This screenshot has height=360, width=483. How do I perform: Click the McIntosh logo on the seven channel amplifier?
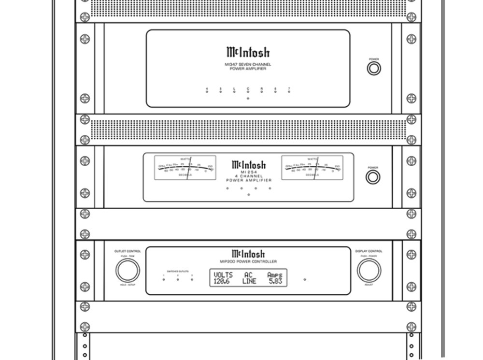(x=248, y=52)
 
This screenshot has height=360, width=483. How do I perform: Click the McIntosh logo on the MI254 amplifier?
(x=248, y=165)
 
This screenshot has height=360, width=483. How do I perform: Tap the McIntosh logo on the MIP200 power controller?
(x=248, y=254)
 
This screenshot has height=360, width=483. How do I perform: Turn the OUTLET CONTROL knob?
(x=128, y=271)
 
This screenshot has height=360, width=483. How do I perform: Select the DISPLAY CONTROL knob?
(x=369, y=271)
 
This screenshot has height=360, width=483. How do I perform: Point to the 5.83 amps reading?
(x=275, y=281)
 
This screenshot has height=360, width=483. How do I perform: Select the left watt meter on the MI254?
(x=185, y=168)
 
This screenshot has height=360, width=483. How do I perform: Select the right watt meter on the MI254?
(x=312, y=168)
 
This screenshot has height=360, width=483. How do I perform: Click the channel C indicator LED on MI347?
(x=248, y=92)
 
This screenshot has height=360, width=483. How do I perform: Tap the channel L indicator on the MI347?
(x=234, y=92)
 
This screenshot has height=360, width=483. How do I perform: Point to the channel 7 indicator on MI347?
(x=289, y=92)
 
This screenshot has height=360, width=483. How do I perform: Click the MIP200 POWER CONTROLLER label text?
(x=248, y=261)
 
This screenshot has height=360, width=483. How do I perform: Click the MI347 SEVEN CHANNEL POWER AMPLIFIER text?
(x=248, y=66)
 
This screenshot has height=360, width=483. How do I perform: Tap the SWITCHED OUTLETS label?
(x=178, y=272)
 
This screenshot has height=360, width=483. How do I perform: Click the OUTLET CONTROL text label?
(x=128, y=251)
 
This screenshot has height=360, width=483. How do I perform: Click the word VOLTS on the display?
(x=223, y=275)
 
